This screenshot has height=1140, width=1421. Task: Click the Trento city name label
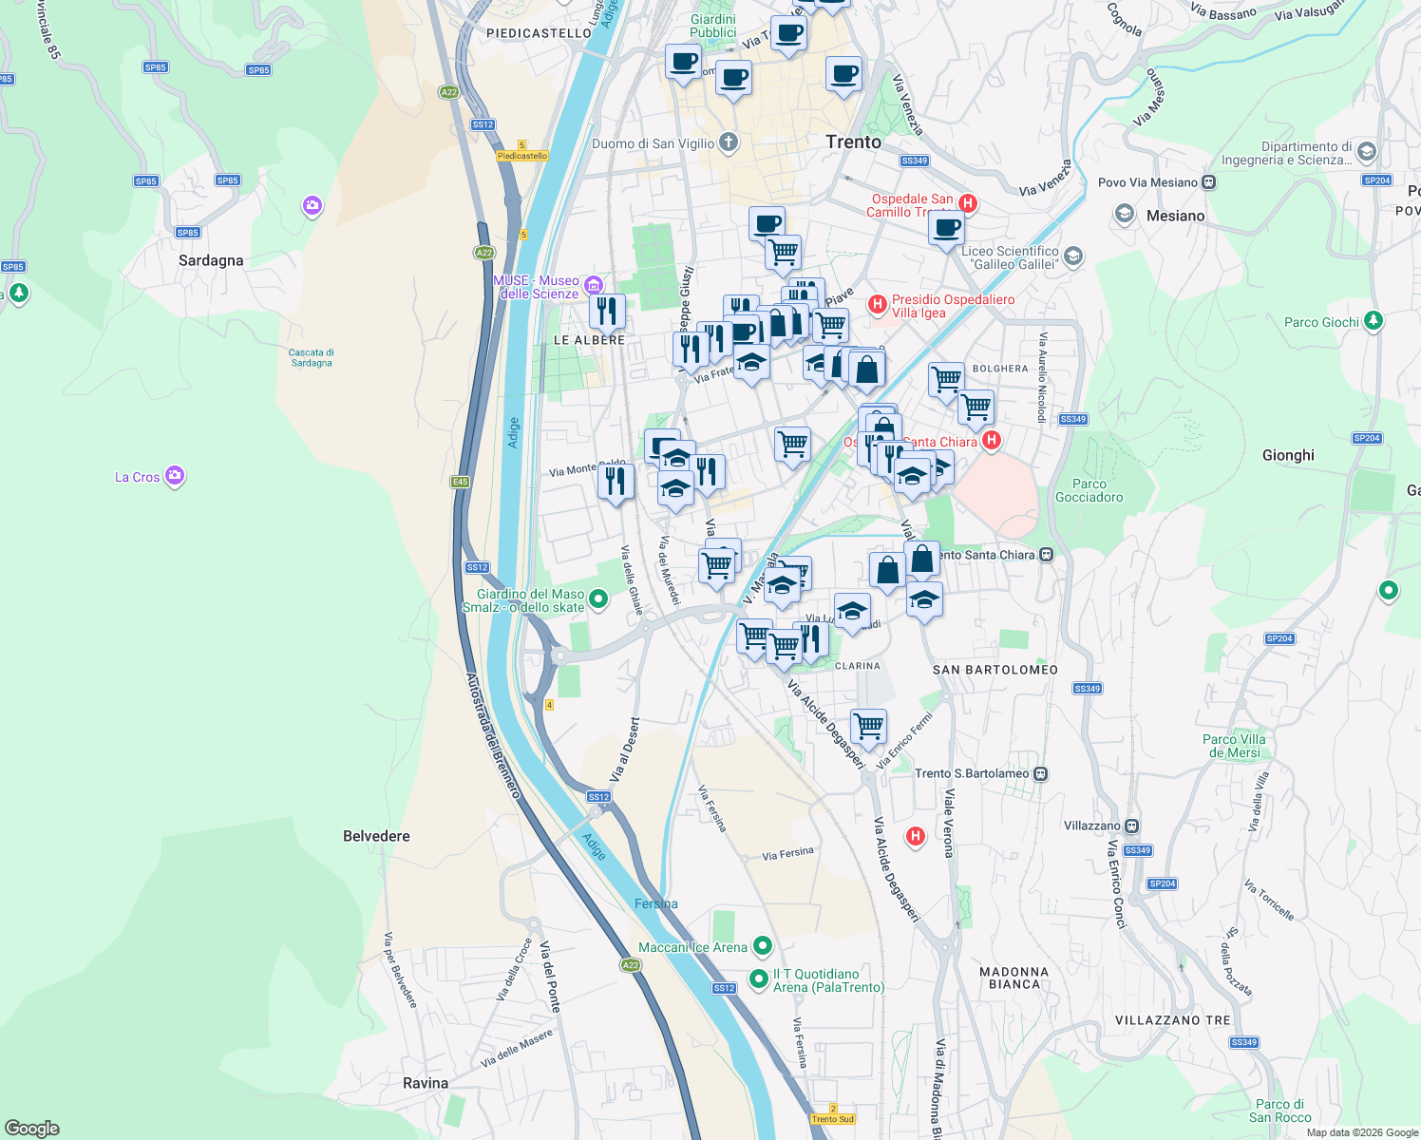click(853, 142)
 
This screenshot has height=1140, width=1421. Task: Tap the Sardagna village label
click(211, 260)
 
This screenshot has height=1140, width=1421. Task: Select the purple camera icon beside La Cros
click(175, 475)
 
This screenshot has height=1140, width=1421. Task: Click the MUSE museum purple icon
click(594, 285)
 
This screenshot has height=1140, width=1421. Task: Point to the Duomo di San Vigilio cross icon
click(729, 143)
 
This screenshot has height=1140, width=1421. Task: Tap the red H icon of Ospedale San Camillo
click(967, 202)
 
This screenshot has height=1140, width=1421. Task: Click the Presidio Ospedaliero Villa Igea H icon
click(878, 305)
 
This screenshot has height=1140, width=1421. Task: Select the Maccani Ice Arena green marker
click(762, 946)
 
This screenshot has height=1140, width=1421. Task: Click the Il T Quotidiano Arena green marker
click(758, 978)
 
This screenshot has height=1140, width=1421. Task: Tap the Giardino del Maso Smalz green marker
click(598, 598)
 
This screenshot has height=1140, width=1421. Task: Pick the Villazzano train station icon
click(1131, 826)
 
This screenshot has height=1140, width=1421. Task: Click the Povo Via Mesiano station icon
click(1208, 182)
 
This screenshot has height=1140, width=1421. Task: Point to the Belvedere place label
click(376, 836)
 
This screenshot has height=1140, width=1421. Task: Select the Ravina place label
click(425, 1083)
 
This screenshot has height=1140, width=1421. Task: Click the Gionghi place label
click(1288, 455)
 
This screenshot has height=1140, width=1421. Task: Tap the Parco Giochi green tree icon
click(1373, 321)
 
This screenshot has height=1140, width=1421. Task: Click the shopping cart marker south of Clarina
click(869, 728)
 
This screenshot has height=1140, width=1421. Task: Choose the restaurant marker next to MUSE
click(607, 310)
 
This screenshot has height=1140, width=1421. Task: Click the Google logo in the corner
click(32, 1128)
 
